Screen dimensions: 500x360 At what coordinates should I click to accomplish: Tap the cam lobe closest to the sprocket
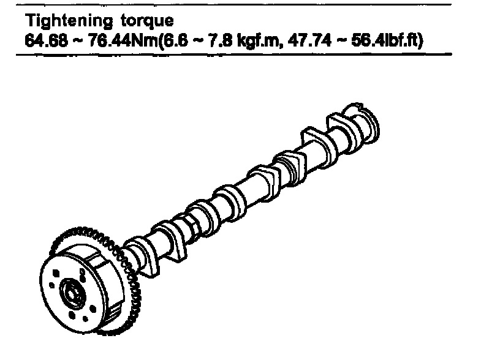coord(140,253)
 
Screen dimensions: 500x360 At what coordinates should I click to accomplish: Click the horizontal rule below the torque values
coord(233,54)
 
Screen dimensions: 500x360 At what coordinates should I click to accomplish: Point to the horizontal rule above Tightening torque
coord(233,5)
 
